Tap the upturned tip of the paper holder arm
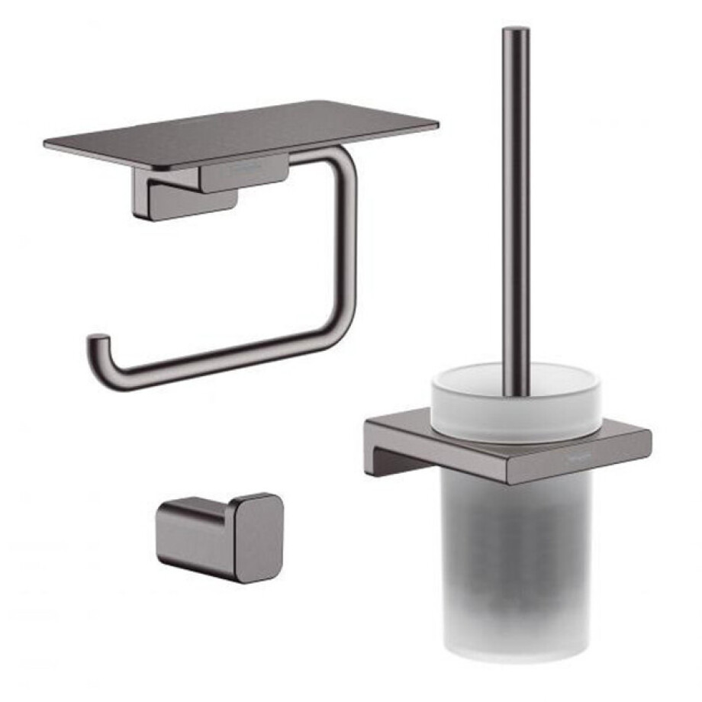(95, 341)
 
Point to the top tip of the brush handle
(516, 32)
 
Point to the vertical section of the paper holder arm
(348, 244)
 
